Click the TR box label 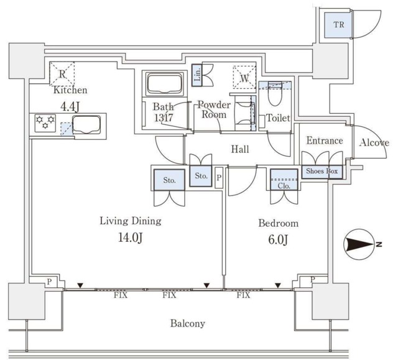338,25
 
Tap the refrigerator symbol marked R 62,73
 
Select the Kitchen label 70,90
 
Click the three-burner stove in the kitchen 45,123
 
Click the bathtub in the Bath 164,83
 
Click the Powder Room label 215,110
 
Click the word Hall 240,149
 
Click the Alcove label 374,142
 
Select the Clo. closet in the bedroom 284,180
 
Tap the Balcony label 188,323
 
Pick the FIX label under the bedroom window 243,295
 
